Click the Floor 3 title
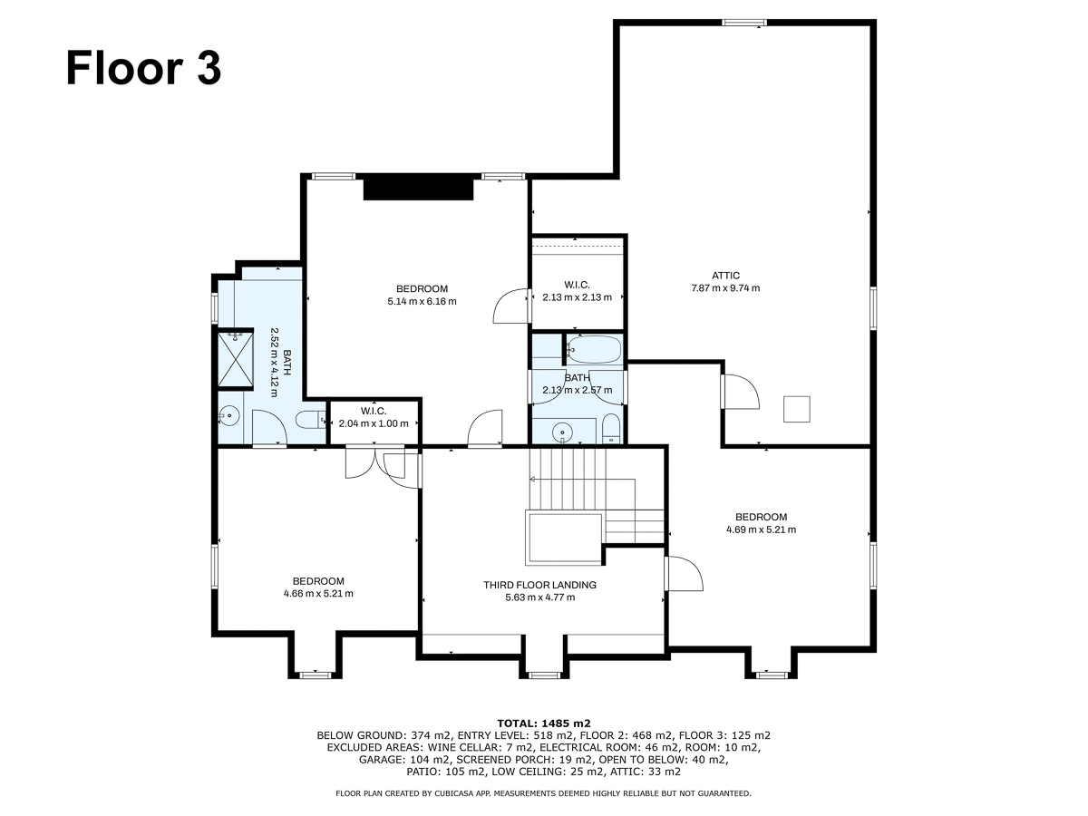(143, 68)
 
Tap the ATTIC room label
(725, 276)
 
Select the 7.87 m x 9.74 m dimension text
(725, 287)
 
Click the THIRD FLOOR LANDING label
(539, 585)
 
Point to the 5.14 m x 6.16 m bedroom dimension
(422, 301)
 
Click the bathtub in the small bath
(594, 350)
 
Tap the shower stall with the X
(236, 359)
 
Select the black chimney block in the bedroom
(418, 189)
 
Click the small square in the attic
(797, 409)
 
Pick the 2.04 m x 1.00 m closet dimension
(374, 423)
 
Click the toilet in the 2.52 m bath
(310, 420)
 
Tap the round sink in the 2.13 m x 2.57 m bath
(563, 432)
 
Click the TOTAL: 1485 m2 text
(544, 724)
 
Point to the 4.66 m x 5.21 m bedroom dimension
(318, 594)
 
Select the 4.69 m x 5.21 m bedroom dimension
(761, 529)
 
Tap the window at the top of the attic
(744, 23)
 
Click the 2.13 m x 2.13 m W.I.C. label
(577, 291)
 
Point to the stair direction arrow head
(533, 479)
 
